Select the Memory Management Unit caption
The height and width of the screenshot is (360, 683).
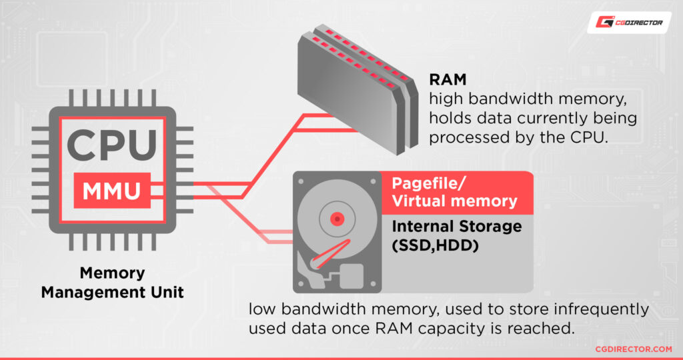(112, 282)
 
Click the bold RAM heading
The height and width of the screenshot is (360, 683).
(444, 81)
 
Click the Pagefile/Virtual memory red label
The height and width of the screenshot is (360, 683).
(454, 192)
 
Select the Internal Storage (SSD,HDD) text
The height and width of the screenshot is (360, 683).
(456, 235)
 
